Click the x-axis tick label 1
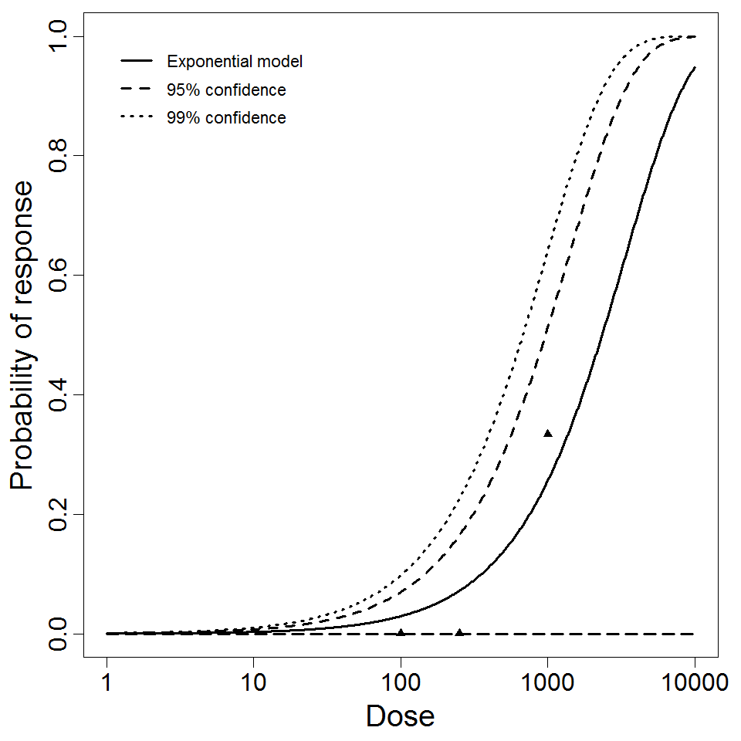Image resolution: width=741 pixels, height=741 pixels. coord(107,682)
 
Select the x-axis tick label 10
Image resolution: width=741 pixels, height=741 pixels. coord(253,682)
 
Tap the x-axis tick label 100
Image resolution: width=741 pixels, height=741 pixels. coord(401,682)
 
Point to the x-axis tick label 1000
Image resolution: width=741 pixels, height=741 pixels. coord(547,682)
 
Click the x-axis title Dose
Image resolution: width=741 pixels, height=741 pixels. coord(401,717)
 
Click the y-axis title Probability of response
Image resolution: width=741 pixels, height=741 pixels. coord(22,335)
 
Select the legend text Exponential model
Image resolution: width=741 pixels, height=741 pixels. coord(235,62)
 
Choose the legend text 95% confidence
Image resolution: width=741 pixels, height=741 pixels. coord(226,90)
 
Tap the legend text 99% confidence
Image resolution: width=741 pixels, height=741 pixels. coord(226,118)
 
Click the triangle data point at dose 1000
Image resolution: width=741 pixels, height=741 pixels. coord(548,434)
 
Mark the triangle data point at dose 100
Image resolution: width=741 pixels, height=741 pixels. coord(401,633)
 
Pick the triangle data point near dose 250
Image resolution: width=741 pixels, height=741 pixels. coord(459,633)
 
